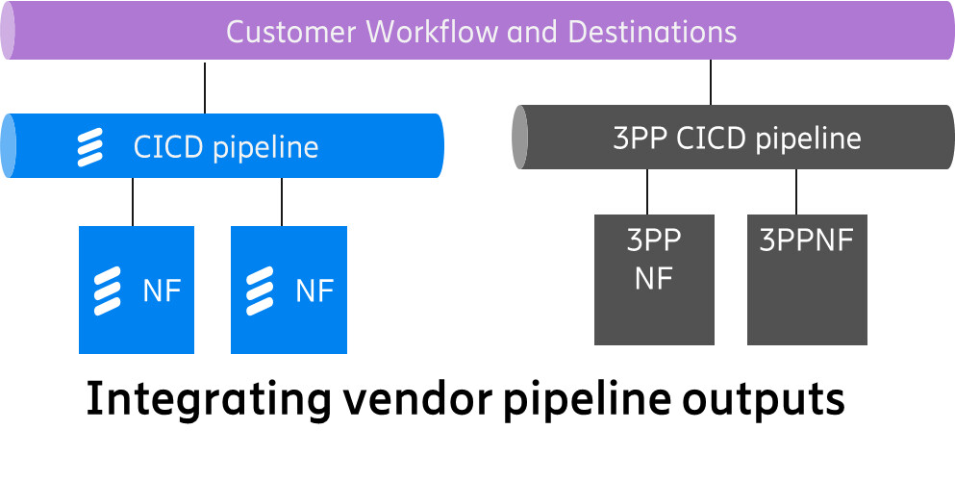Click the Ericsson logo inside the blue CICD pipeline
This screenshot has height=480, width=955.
pyautogui.click(x=90, y=147)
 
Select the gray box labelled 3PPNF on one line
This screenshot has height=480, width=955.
pyautogui.click(x=807, y=279)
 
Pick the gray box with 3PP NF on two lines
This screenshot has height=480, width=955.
pyautogui.click(x=654, y=279)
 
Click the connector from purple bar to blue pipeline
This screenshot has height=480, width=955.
pyautogui.click(x=205, y=88)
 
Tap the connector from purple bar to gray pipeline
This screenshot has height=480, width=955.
pyautogui.click(x=711, y=83)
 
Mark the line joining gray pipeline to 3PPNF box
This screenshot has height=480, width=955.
pyautogui.click(x=796, y=191)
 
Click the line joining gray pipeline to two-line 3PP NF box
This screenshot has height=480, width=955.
pyautogui.click(x=647, y=191)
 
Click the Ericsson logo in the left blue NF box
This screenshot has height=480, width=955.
pyautogui.click(x=108, y=291)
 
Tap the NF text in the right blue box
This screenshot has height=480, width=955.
pyautogui.click(x=314, y=291)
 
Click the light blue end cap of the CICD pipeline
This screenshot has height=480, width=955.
pyautogui.click(x=8, y=145)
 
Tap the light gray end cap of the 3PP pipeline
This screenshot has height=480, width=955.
pyautogui.click(x=519, y=138)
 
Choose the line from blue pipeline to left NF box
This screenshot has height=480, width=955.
pyautogui.click(x=133, y=202)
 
